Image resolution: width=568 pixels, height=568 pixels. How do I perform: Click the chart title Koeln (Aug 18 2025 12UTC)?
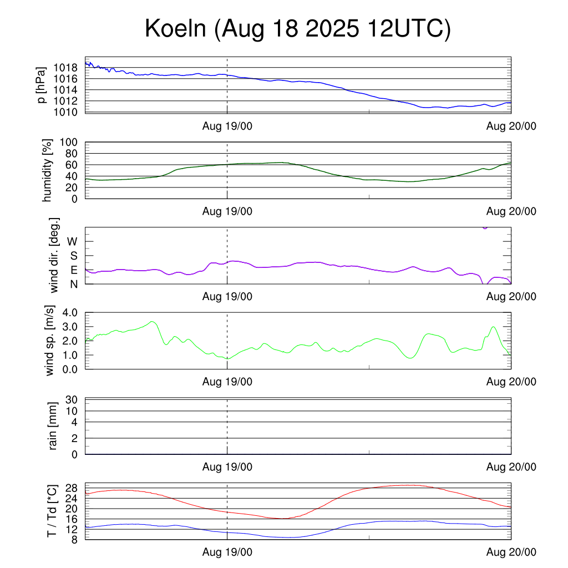pyautogui.click(x=298, y=29)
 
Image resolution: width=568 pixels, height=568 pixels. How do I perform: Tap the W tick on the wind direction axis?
pyautogui.click(x=72, y=241)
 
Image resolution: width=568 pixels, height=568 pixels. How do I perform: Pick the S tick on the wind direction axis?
pyautogui.click(x=73, y=256)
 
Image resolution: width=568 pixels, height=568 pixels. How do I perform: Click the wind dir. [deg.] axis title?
pyautogui.click(x=54, y=255)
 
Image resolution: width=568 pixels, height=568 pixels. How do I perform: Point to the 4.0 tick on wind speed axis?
pyautogui.click(x=69, y=312)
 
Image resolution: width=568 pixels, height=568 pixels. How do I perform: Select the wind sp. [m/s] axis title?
pyautogui.click(x=50, y=341)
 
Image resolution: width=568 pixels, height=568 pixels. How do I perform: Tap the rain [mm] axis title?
pyautogui.click(x=53, y=426)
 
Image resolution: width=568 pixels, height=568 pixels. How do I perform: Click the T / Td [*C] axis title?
pyautogui.click(x=52, y=511)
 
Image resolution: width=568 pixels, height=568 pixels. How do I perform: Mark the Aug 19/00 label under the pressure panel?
pyautogui.click(x=227, y=126)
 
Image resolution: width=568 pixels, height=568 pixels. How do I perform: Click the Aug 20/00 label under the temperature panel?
pyautogui.click(x=511, y=552)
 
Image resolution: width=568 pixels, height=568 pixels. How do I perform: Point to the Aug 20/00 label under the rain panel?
pyautogui.click(x=511, y=467)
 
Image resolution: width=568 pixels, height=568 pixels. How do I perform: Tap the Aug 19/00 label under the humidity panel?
pyautogui.click(x=227, y=211)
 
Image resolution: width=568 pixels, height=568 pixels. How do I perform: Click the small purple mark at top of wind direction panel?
pyautogui.click(x=485, y=227)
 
